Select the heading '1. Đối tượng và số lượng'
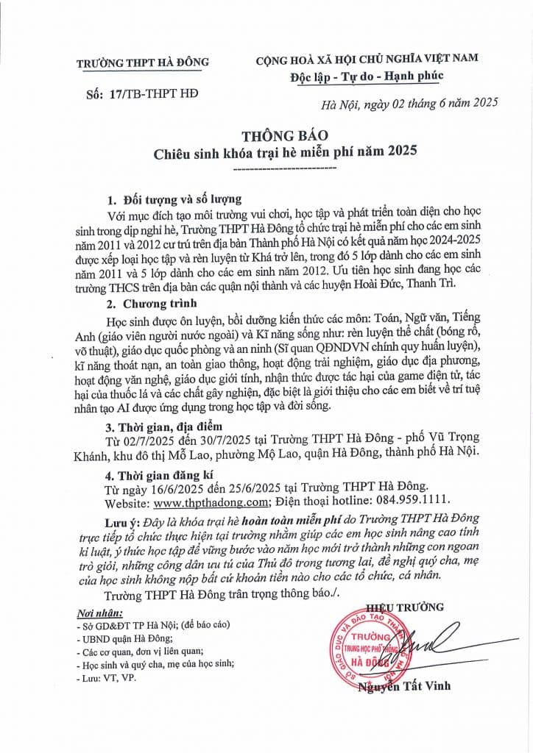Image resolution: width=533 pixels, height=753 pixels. (x=174, y=200)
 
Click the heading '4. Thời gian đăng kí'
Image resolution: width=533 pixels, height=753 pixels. (x=163, y=475)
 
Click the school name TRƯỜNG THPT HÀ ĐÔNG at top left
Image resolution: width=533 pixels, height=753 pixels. (x=143, y=63)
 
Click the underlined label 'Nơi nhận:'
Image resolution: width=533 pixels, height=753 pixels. (x=100, y=613)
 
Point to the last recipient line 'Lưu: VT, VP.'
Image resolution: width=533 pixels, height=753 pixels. (x=107, y=678)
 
